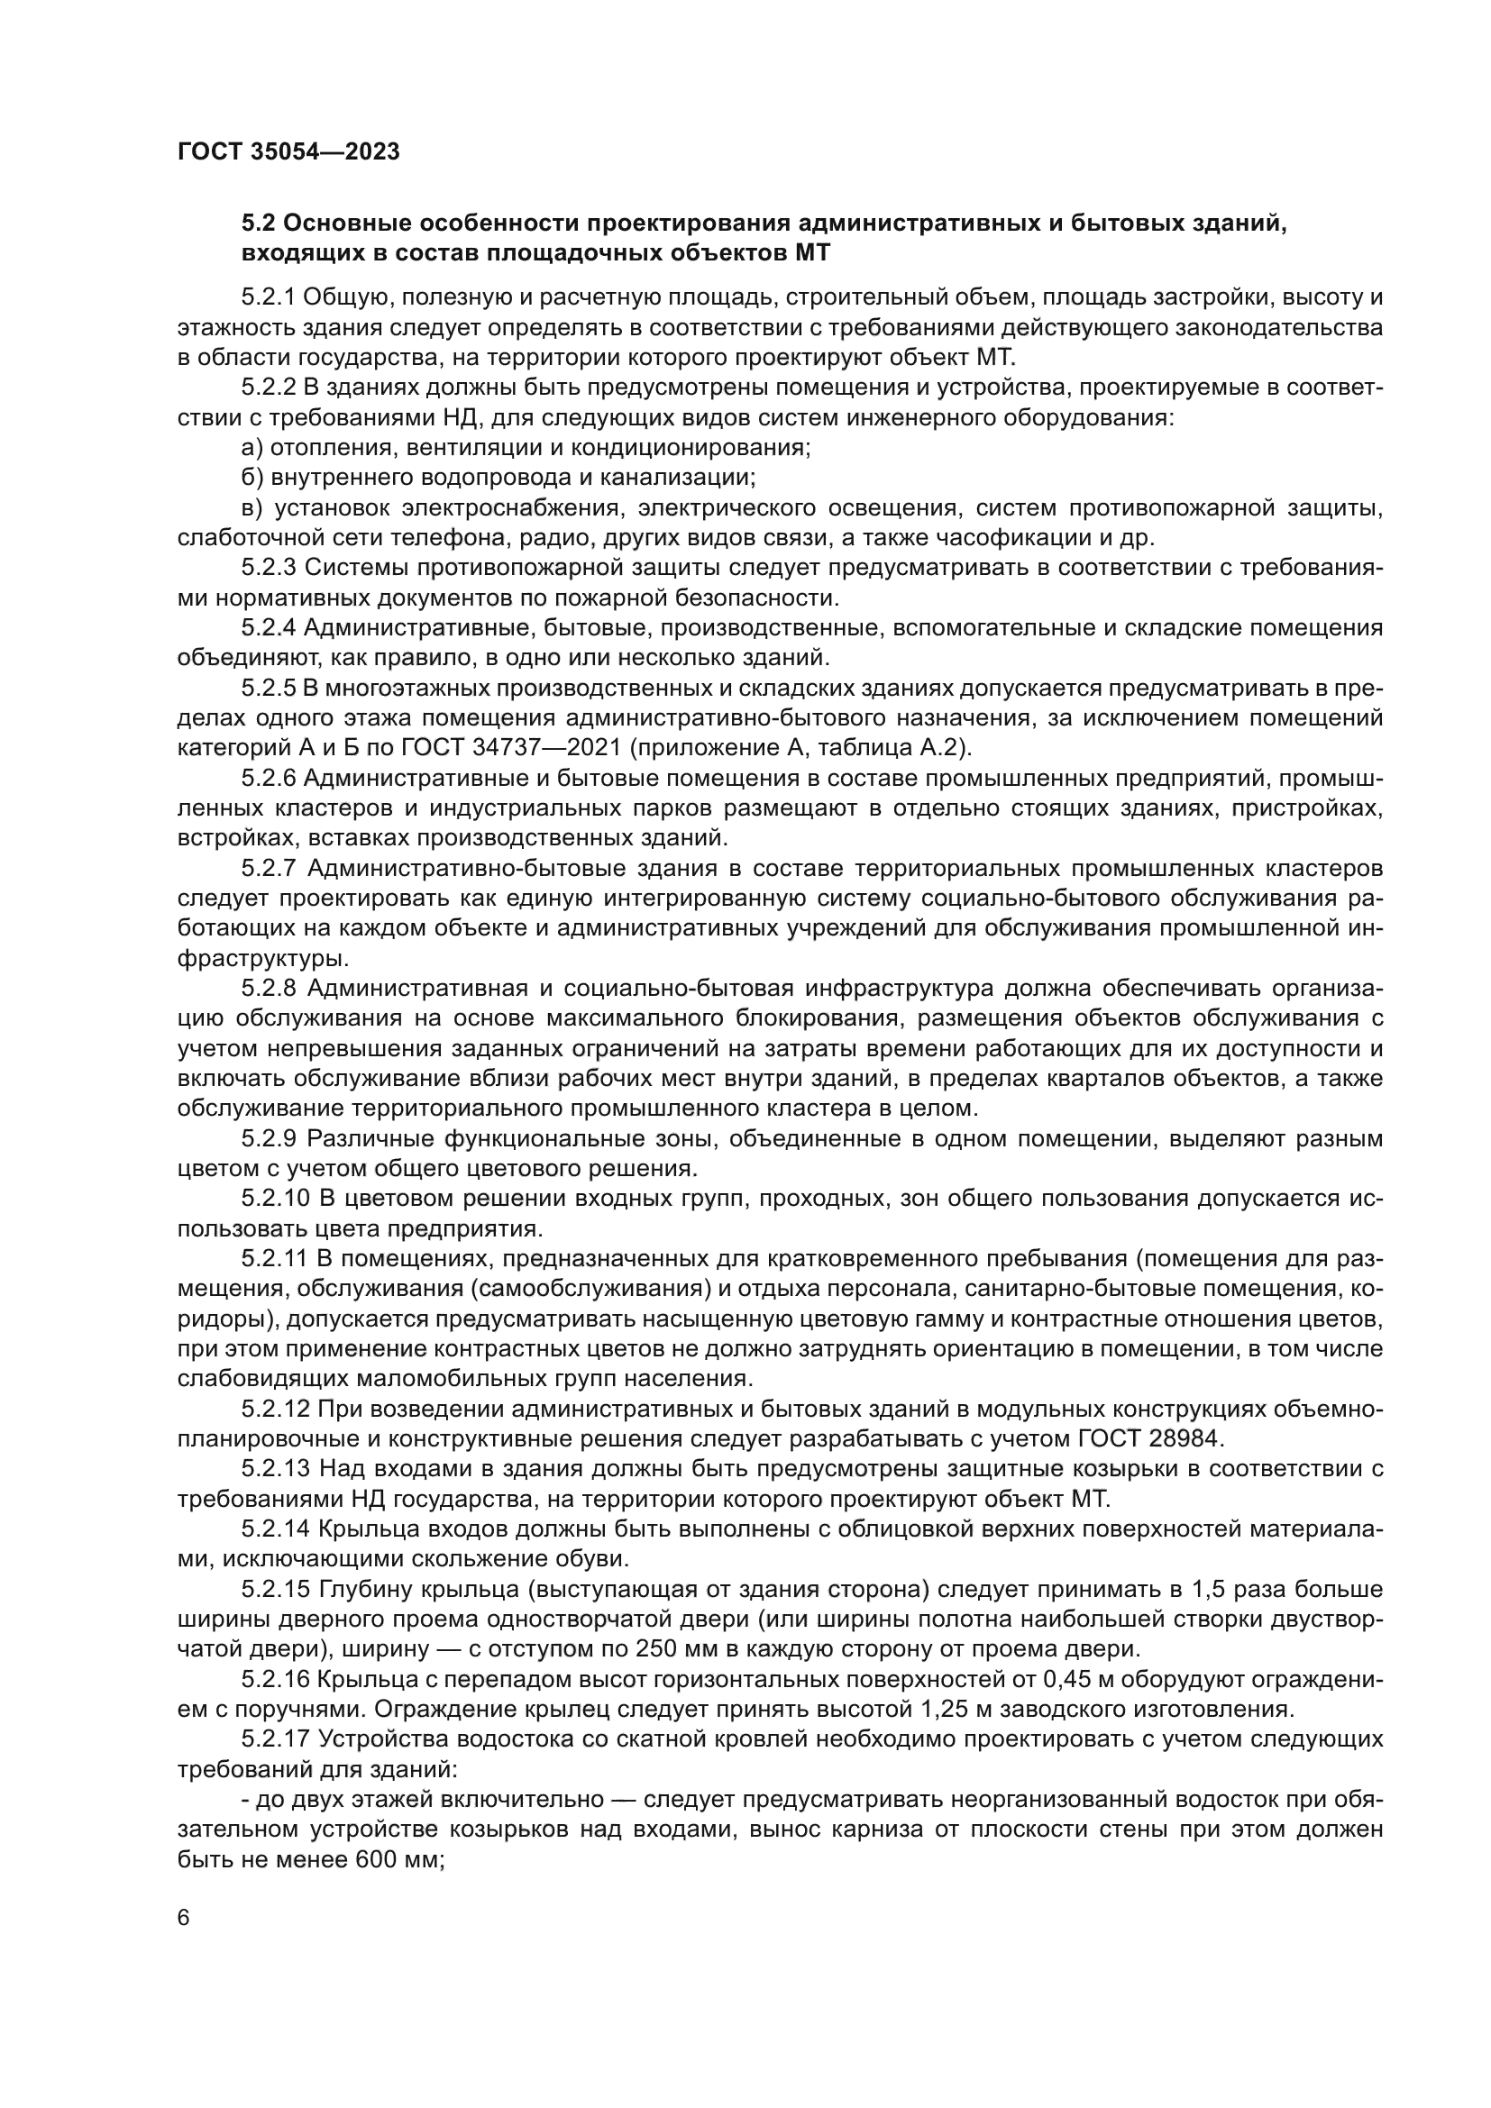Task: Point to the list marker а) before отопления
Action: [252, 447]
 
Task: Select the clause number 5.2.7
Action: [268, 868]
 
